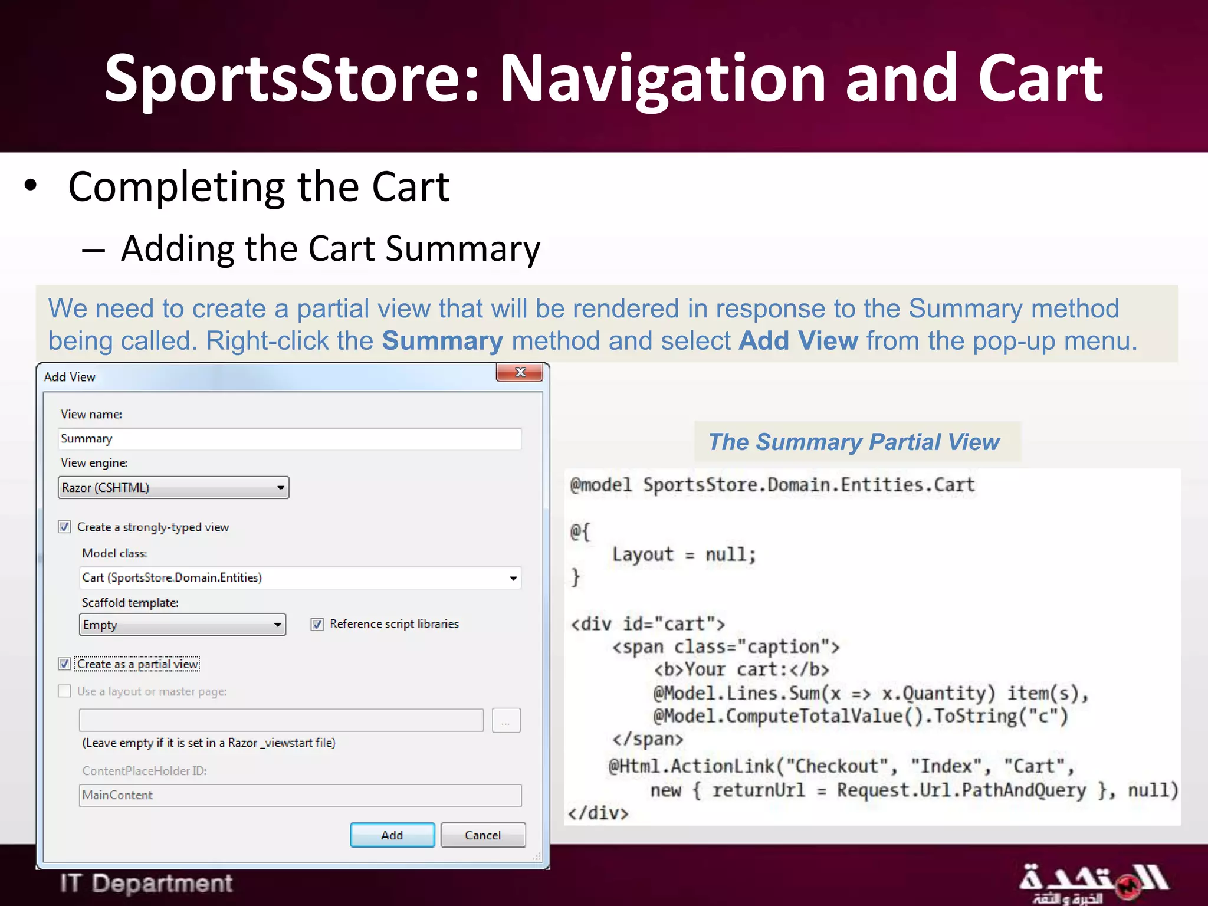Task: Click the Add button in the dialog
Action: [392, 835]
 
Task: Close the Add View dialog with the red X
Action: [520, 372]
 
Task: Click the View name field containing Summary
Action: [290, 439]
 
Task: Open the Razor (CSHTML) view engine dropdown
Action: [173, 488]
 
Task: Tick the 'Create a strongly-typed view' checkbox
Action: [65, 527]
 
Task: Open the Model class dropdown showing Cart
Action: [300, 577]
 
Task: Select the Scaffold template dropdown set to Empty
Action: [182, 625]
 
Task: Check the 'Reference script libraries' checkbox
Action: [317, 624]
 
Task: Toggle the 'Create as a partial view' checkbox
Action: [65, 664]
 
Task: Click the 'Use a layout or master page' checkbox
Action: [65, 691]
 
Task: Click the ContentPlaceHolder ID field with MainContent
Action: [300, 795]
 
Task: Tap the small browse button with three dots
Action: [506, 720]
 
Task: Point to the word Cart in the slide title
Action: [1040, 78]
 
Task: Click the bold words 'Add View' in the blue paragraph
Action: [798, 341]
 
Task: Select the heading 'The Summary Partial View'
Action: [854, 442]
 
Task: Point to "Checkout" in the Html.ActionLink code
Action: [836, 766]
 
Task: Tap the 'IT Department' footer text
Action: [146, 884]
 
